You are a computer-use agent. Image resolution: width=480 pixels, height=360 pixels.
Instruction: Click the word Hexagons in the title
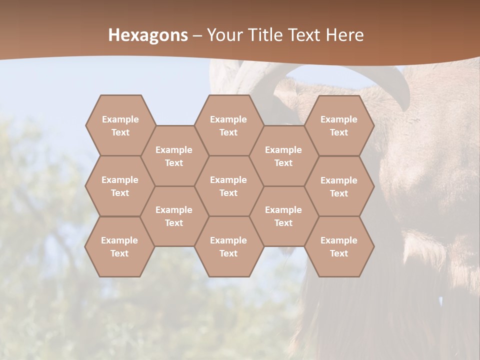[x=148, y=35]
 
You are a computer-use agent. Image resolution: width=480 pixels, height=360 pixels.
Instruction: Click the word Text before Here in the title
[x=304, y=35]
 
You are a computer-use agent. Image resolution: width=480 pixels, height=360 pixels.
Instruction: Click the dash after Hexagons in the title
[x=197, y=35]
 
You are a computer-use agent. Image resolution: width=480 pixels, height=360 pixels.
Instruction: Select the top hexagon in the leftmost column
[x=120, y=125]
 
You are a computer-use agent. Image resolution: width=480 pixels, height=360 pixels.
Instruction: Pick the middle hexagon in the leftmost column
[x=120, y=186]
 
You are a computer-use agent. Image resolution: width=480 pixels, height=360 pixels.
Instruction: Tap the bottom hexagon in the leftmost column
[x=119, y=246]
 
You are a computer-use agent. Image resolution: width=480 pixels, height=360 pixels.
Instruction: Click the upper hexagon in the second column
[x=174, y=156]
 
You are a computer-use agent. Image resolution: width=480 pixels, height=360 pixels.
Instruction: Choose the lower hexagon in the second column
[x=174, y=216]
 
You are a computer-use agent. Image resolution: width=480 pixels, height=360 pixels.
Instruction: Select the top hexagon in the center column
[x=228, y=125]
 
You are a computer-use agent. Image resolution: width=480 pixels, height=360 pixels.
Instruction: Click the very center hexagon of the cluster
[x=228, y=186]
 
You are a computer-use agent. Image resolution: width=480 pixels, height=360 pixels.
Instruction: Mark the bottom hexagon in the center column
[x=228, y=246]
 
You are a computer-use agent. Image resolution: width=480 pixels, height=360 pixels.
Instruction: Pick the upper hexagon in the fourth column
[x=283, y=156]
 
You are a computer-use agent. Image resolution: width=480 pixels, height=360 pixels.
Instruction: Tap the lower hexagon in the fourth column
[x=283, y=216]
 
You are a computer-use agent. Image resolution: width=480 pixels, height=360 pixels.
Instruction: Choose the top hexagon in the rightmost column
[x=339, y=125]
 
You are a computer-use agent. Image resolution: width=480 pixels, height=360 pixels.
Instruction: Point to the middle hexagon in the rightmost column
[x=339, y=186]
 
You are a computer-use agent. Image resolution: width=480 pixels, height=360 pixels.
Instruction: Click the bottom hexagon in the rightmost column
[x=339, y=246]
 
